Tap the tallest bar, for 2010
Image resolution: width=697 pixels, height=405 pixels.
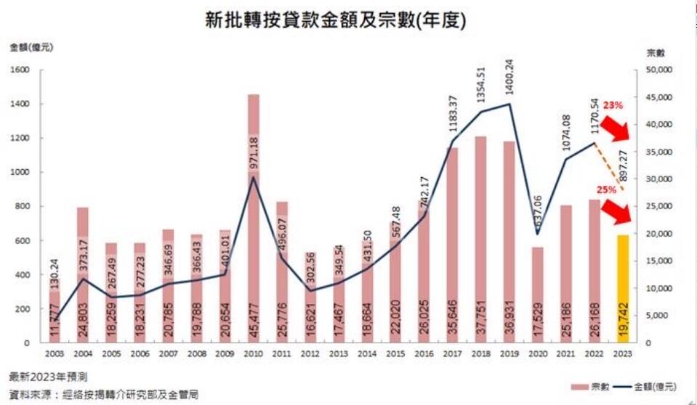254,218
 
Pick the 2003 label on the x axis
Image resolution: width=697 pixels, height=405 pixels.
55,354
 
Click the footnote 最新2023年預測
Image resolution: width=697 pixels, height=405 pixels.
51,378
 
